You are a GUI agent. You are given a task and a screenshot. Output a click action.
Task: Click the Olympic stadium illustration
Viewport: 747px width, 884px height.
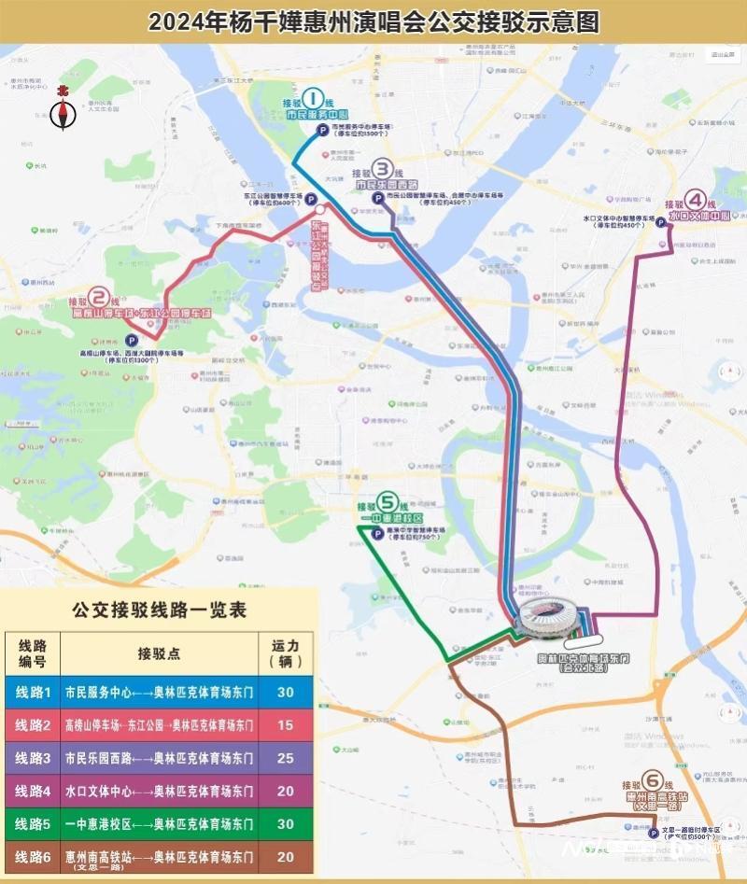pos(549,620)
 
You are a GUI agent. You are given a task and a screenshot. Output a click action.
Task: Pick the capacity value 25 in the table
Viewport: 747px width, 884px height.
pos(285,759)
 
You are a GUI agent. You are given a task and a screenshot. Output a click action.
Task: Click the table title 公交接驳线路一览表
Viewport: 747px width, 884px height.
pos(159,610)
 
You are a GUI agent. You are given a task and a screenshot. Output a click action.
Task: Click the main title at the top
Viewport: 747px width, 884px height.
pos(373,21)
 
